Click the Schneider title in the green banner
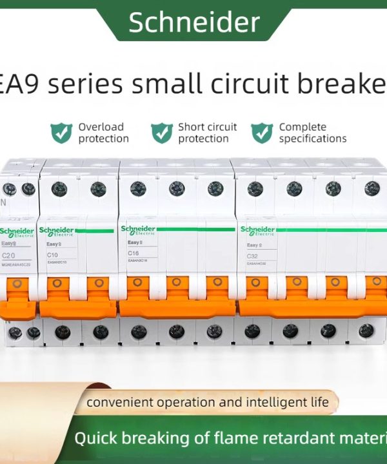point(193,23)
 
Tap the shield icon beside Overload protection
point(61,133)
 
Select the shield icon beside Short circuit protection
point(161,133)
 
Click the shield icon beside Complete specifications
point(262,133)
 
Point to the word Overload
point(101,127)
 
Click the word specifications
point(313,139)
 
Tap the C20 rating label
point(9,256)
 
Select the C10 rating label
point(52,255)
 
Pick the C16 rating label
point(134,254)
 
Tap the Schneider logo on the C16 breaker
point(138,229)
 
